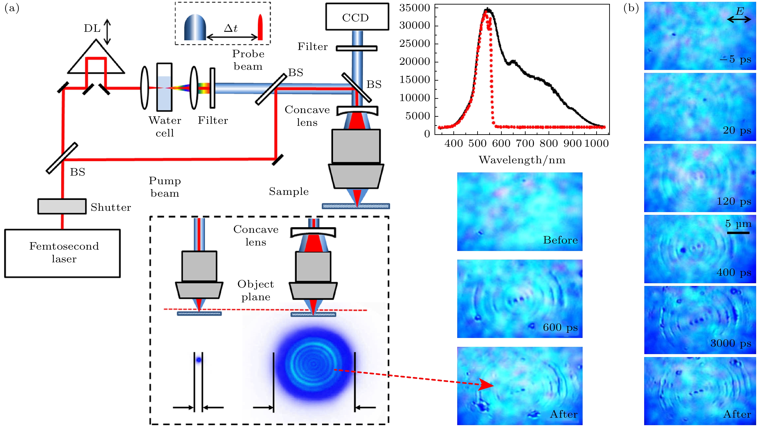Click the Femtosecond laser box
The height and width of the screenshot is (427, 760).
pyautogui.click(x=62, y=253)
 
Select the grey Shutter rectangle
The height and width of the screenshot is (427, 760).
pyautogui.click(x=62, y=206)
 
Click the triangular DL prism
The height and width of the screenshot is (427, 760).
pyautogui.click(x=96, y=59)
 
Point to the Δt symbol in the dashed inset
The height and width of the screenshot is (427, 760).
pyautogui.click(x=231, y=28)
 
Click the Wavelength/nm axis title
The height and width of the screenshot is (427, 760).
pyautogui.click(x=522, y=160)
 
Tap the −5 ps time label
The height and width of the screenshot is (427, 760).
pyautogui.click(x=735, y=59)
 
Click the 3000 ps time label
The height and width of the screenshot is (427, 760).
pyautogui.click(x=730, y=343)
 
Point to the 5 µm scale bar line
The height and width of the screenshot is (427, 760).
pyautogui.click(x=738, y=233)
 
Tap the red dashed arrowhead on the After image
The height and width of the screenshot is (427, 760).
pyautogui.click(x=485, y=385)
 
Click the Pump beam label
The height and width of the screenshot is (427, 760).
pyautogui.click(x=165, y=187)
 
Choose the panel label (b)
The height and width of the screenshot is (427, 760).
pyautogui.click(x=631, y=8)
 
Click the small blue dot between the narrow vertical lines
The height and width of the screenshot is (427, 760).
pyautogui.click(x=199, y=360)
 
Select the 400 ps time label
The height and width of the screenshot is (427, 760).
pyautogui.click(x=734, y=272)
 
